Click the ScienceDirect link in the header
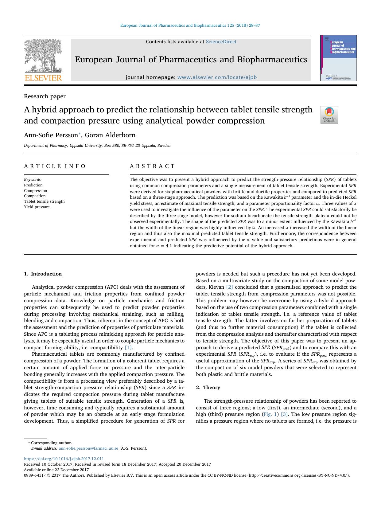[221, 42]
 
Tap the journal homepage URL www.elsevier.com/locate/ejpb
[217, 77]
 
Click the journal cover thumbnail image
[338, 58]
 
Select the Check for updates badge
[329, 115]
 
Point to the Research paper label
[45, 96]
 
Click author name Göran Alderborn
[110, 135]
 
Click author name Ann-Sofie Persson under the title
[51, 135]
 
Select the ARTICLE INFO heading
[55, 166]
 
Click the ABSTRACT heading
[152, 166]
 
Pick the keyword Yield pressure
[37, 207]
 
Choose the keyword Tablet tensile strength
[44, 201]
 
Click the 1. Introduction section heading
[43, 274]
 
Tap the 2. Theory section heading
[208, 388]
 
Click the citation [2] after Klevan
[229, 287]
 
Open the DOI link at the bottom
[64, 459]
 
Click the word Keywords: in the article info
[33, 180]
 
